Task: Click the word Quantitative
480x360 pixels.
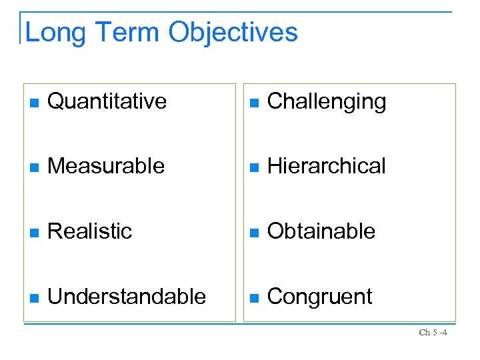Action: pyautogui.click(x=107, y=101)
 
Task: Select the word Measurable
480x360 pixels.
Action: pyautogui.click(x=106, y=166)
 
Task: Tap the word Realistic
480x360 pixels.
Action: pyautogui.click(x=90, y=231)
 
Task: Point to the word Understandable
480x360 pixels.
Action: pyautogui.click(x=127, y=296)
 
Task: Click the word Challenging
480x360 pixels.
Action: pyautogui.click(x=326, y=102)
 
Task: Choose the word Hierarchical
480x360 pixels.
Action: pyautogui.click(x=326, y=166)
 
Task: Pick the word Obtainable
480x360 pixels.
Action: pyautogui.click(x=321, y=231)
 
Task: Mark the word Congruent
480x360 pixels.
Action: pyautogui.click(x=319, y=297)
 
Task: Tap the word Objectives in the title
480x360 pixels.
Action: pyautogui.click(x=233, y=32)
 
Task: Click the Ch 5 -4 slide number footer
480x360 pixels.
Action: pyautogui.click(x=433, y=332)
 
